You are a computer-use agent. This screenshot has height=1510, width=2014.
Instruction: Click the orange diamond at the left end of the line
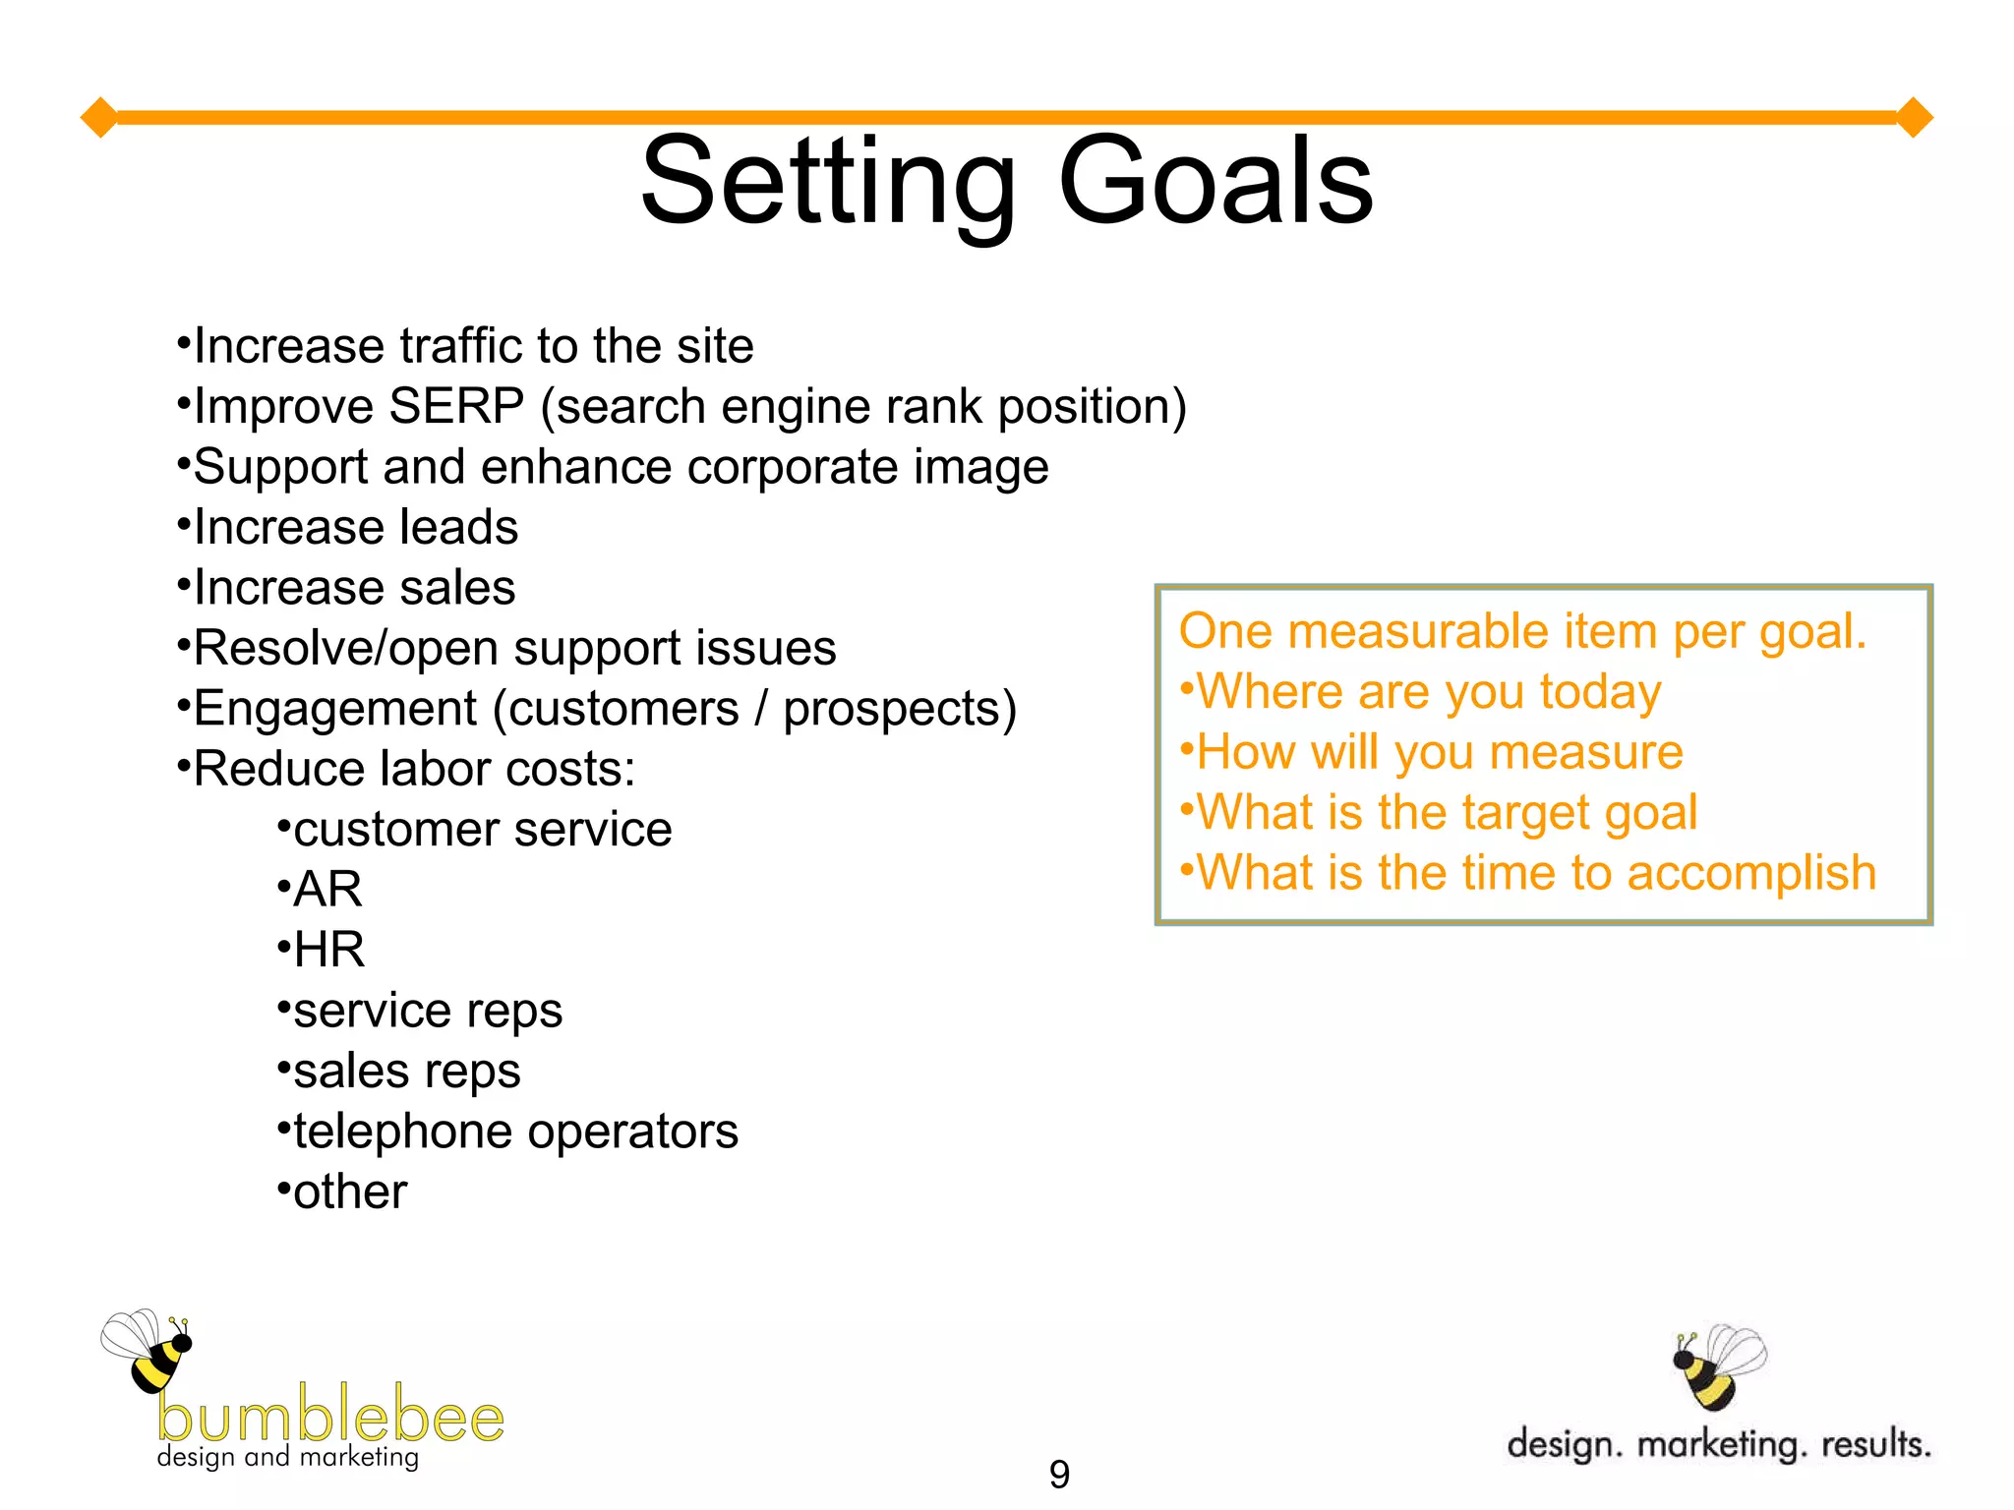(x=99, y=118)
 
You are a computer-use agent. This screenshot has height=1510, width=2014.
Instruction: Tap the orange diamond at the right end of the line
(x=1914, y=118)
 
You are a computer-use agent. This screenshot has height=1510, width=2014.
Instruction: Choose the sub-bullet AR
(x=327, y=890)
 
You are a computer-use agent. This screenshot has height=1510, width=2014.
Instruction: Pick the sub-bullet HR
(x=329, y=951)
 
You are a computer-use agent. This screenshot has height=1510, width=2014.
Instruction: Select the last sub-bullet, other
(x=350, y=1192)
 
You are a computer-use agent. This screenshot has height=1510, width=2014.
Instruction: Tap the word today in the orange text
(x=1600, y=692)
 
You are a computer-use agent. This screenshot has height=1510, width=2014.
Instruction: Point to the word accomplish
(x=1751, y=874)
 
